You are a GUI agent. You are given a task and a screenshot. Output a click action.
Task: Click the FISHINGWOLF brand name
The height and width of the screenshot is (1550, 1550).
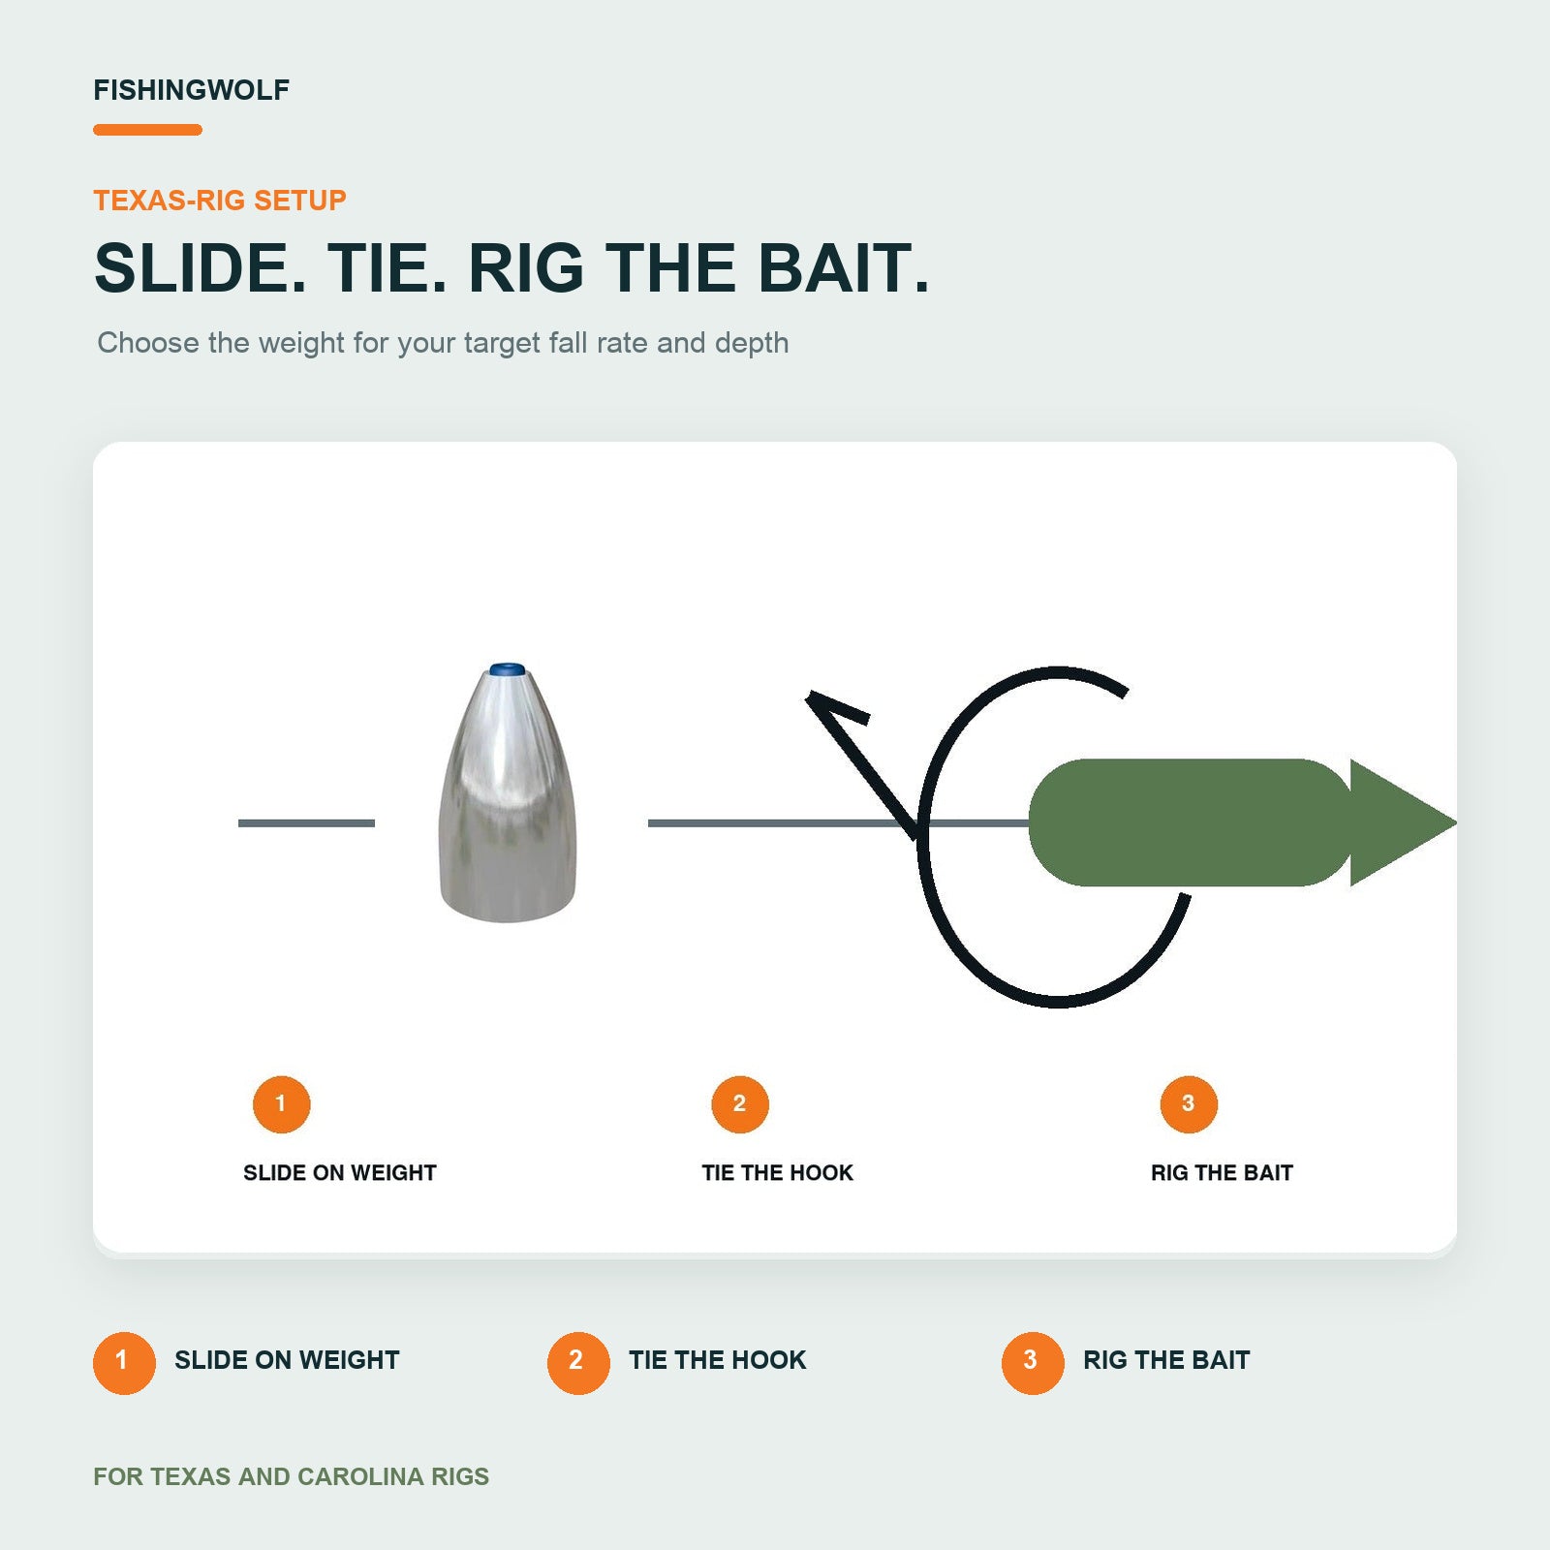tap(191, 90)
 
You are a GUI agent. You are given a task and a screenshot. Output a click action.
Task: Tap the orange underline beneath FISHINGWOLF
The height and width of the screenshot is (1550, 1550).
tap(147, 130)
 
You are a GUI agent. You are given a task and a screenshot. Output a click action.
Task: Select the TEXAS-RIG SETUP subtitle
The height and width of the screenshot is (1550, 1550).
tap(220, 201)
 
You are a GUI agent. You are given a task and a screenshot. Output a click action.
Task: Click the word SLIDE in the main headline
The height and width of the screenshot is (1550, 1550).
tap(201, 267)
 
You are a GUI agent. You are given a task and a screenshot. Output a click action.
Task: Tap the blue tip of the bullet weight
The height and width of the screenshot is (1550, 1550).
tap(507, 669)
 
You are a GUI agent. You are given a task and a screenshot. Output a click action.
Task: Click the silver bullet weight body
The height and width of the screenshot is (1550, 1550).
tap(508, 794)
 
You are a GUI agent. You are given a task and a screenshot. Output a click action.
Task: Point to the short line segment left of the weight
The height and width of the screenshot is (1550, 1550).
tap(306, 823)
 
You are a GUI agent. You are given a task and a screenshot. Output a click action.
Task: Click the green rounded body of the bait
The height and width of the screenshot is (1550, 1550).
tap(1190, 822)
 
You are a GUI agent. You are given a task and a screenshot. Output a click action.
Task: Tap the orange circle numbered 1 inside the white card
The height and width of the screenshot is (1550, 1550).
tap(281, 1104)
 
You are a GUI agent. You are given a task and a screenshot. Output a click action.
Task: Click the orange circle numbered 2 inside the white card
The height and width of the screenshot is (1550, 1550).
tap(740, 1104)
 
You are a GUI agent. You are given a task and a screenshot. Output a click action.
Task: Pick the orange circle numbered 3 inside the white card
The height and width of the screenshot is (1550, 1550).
tap(1189, 1104)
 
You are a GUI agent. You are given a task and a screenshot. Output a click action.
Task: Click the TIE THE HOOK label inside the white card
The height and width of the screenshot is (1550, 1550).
tap(778, 1173)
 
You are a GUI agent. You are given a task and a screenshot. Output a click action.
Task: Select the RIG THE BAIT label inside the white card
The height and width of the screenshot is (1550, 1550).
tap(1222, 1173)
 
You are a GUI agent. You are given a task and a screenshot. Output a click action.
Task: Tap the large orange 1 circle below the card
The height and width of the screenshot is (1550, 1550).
tap(124, 1363)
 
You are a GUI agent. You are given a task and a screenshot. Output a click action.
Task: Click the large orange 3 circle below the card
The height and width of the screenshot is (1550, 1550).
tap(1033, 1363)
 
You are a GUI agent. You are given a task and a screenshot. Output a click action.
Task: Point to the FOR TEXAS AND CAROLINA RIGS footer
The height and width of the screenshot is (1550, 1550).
tap(291, 1476)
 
